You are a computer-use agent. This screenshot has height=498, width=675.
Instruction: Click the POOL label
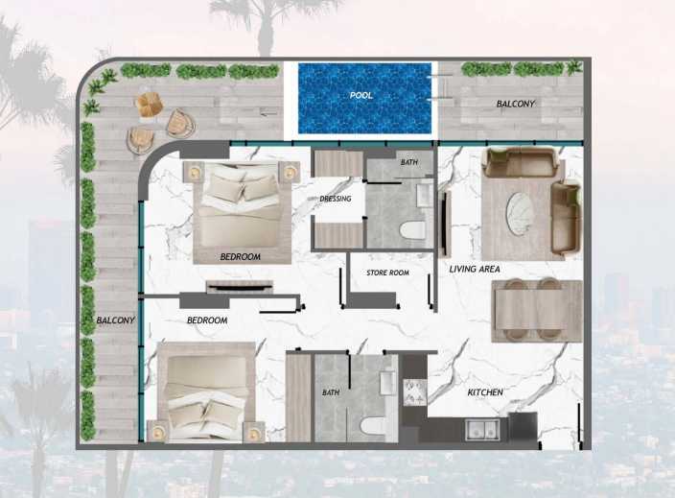point(361,95)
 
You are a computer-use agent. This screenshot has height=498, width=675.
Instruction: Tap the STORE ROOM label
point(387,273)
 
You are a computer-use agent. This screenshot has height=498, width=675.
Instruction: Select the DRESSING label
point(336,199)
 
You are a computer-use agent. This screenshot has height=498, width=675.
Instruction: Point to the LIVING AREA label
point(475,270)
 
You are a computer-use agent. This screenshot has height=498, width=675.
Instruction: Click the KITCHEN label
point(485,392)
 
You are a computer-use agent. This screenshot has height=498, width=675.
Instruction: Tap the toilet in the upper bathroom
point(412,229)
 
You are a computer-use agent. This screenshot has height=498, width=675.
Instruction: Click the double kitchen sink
point(483,430)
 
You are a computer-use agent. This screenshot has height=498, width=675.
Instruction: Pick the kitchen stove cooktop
point(414,392)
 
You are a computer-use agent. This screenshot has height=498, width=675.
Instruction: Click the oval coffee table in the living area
point(520,214)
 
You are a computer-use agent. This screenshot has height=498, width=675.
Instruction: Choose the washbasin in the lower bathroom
point(388,382)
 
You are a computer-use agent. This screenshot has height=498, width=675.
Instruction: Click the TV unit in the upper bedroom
point(240,287)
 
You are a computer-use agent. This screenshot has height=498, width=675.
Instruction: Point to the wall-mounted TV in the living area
point(445,224)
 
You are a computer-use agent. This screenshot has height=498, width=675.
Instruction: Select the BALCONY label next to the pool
point(515,104)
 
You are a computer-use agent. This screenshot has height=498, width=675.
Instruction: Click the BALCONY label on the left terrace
point(115,320)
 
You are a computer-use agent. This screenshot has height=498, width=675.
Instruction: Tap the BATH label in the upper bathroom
point(409,162)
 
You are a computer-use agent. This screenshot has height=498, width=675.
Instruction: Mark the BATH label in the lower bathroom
point(331,392)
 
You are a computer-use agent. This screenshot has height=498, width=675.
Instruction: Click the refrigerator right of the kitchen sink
point(523,427)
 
